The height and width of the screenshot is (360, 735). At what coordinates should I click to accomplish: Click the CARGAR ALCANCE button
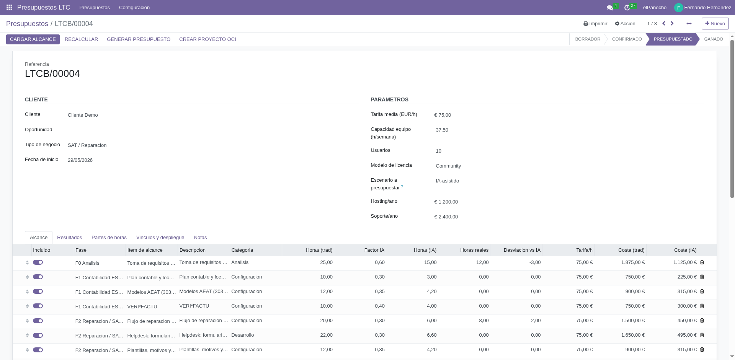(x=33, y=39)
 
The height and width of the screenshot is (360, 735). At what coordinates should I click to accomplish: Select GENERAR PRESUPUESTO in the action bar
(x=139, y=39)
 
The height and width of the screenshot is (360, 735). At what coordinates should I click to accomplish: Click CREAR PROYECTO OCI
(x=207, y=39)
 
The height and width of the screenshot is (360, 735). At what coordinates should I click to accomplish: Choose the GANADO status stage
(x=714, y=39)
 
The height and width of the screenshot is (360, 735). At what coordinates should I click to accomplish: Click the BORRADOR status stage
(x=588, y=39)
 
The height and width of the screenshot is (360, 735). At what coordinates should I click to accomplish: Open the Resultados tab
(x=70, y=238)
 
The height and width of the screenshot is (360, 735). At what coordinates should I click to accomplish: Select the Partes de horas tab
(x=109, y=238)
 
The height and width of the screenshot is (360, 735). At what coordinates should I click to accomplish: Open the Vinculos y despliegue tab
(x=160, y=238)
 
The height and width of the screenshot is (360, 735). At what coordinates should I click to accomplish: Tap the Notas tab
(x=200, y=238)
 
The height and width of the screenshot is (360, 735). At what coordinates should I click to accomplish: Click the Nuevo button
(x=715, y=24)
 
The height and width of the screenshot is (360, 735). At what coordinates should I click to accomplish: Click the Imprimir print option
(x=595, y=24)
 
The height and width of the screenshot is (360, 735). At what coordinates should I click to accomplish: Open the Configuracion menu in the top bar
(x=134, y=8)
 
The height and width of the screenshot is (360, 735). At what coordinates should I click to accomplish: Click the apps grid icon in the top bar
(x=10, y=8)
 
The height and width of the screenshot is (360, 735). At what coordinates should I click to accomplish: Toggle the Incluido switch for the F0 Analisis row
(x=38, y=262)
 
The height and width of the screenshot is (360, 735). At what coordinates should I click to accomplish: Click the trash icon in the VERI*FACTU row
(x=702, y=306)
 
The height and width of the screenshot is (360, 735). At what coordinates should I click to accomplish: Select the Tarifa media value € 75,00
(x=443, y=115)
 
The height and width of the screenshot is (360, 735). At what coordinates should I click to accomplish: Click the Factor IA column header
(x=374, y=250)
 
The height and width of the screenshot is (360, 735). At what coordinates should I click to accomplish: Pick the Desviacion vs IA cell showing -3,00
(x=535, y=262)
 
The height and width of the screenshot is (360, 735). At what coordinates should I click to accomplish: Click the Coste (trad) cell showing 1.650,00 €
(x=633, y=335)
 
